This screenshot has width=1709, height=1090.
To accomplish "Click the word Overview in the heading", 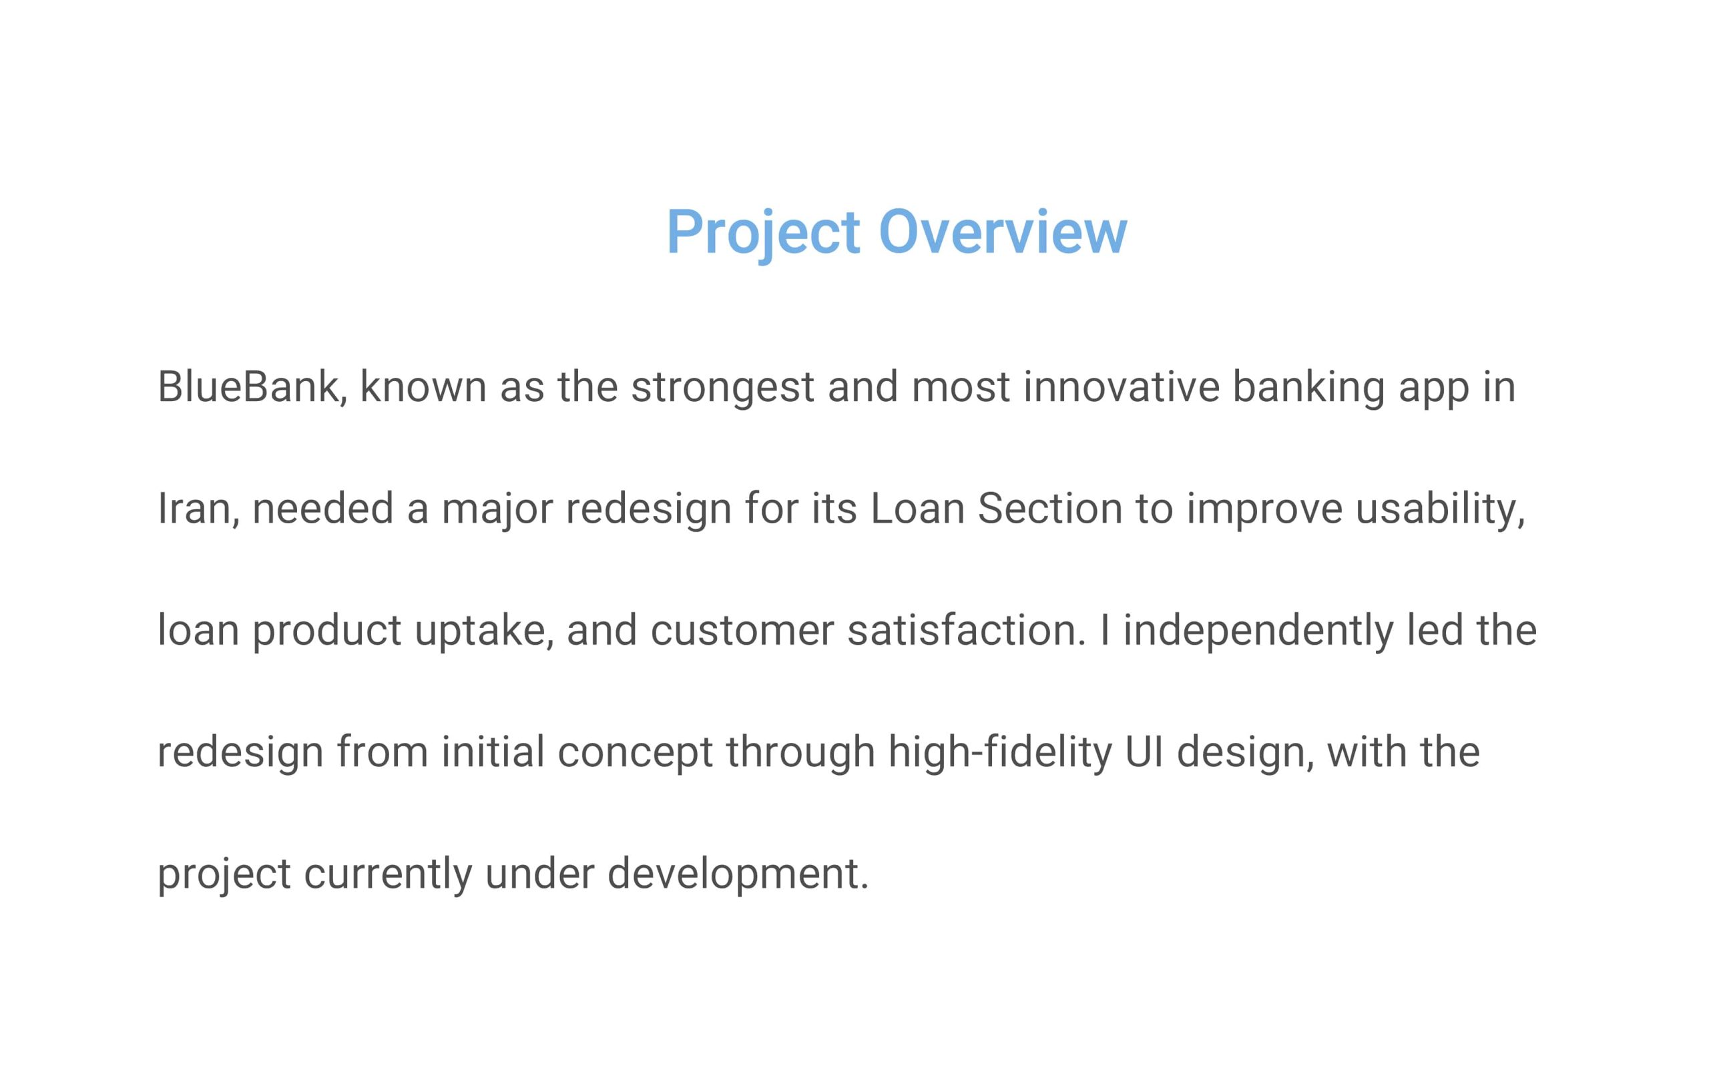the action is pyautogui.click(x=1002, y=232).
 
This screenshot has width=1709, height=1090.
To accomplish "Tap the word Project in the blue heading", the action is pyautogui.click(x=763, y=235).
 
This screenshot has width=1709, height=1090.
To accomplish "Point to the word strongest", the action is pyautogui.click(x=722, y=389).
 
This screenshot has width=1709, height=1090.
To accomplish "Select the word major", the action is pyautogui.click(x=496, y=511).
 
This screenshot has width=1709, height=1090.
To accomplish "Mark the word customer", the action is pyautogui.click(x=742, y=631).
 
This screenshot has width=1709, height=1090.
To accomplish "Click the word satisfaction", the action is pyautogui.click(x=966, y=630).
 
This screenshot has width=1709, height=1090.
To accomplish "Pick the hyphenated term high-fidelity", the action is pyautogui.click(x=1000, y=753).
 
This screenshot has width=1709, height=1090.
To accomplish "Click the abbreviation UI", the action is pyautogui.click(x=1144, y=752).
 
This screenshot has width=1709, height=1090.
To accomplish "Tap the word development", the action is pyautogui.click(x=738, y=875).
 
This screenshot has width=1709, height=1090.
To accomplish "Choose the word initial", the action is pyautogui.click(x=493, y=752).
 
